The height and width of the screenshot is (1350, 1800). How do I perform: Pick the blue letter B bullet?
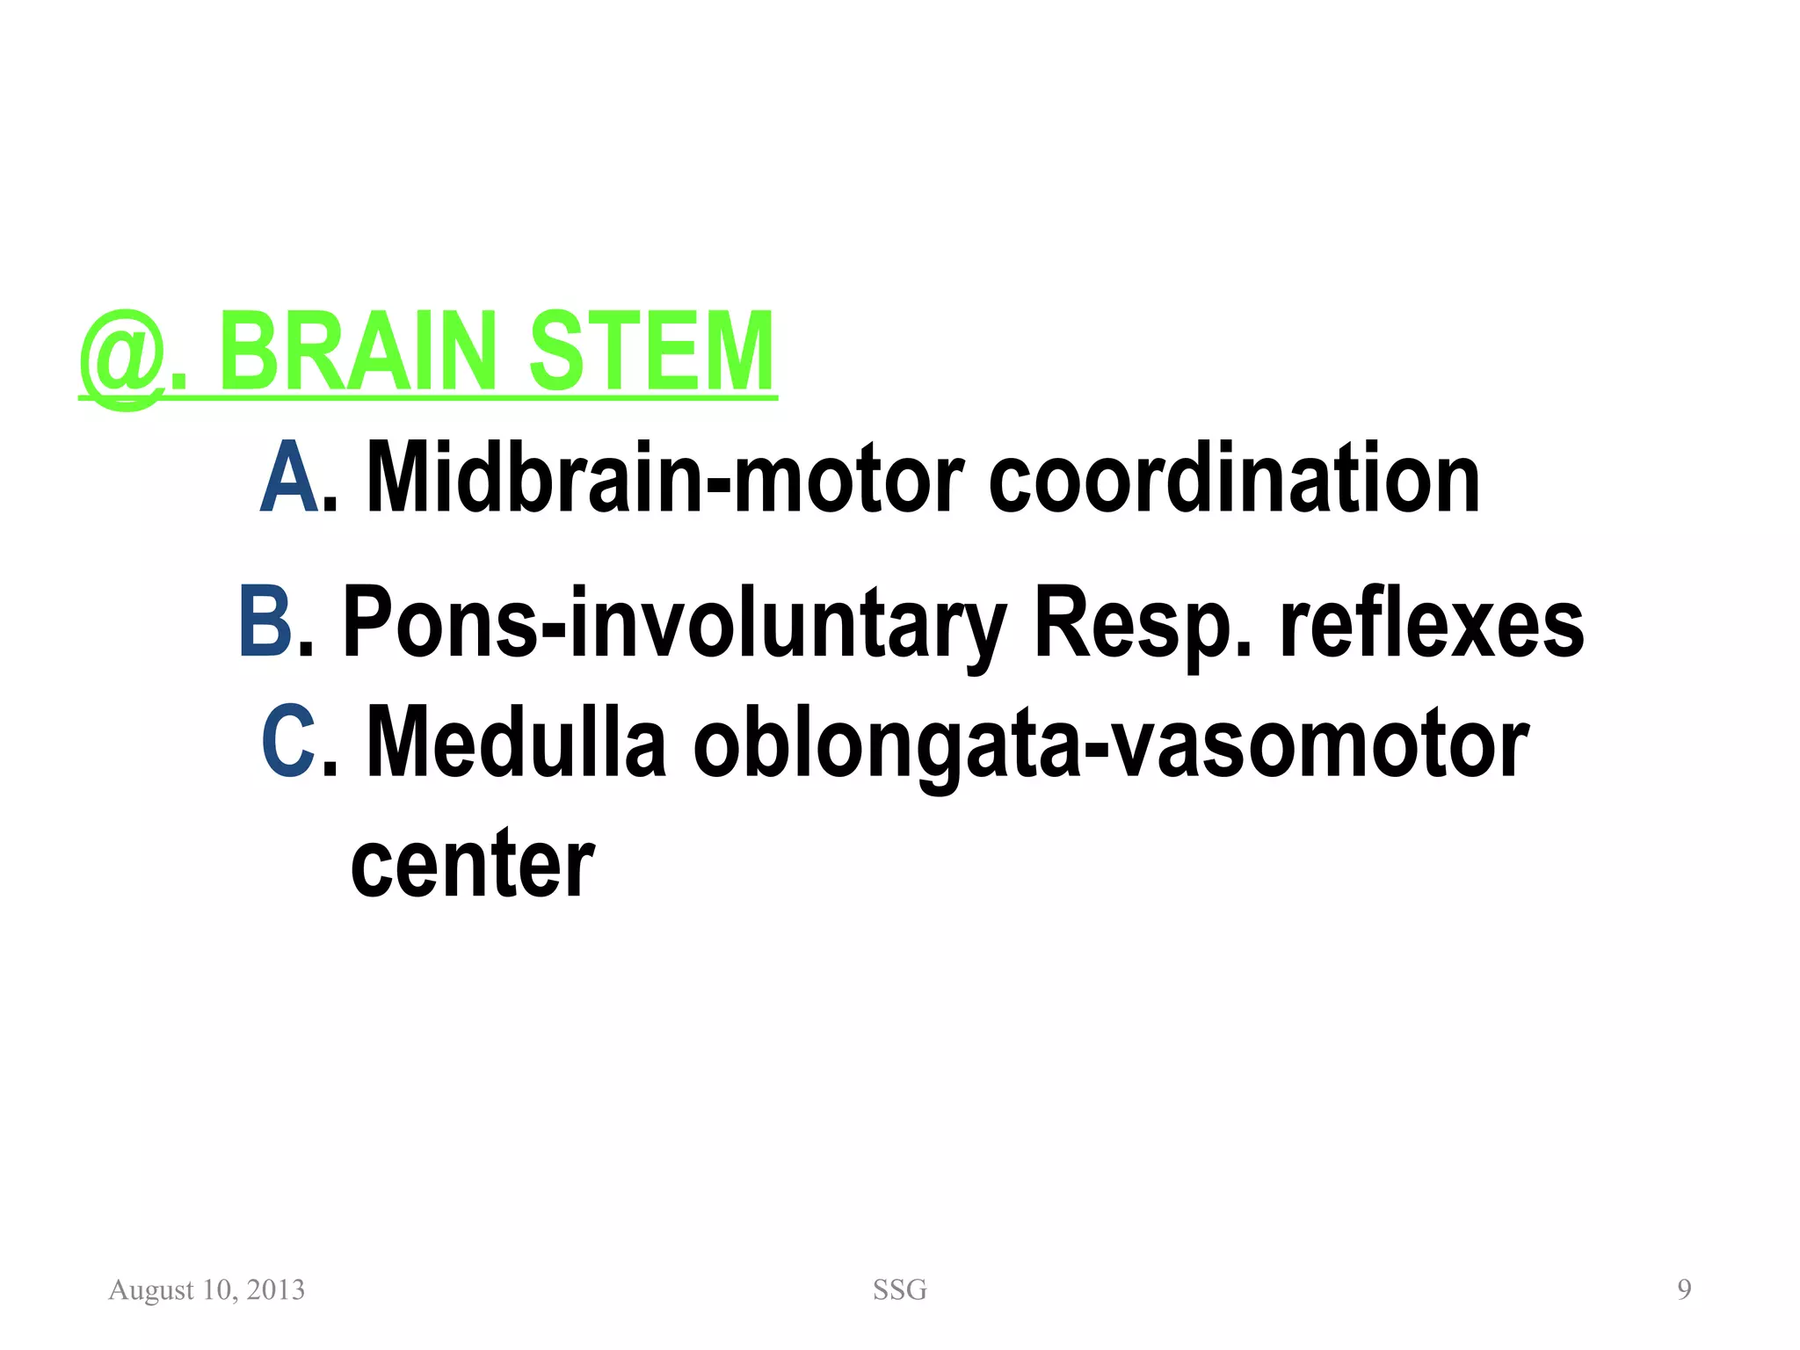click(265, 621)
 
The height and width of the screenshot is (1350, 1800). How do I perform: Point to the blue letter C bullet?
click(287, 742)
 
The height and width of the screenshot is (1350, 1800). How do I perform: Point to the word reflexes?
click(1432, 621)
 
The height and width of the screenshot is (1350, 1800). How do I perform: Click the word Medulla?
click(516, 742)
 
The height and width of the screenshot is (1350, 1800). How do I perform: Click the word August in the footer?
click(151, 1290)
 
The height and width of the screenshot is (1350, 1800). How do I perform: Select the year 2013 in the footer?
click(276, 1289)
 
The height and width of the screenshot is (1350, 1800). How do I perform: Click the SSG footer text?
click(899, 1289)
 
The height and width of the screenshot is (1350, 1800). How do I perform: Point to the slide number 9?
click(1684, 1289)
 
